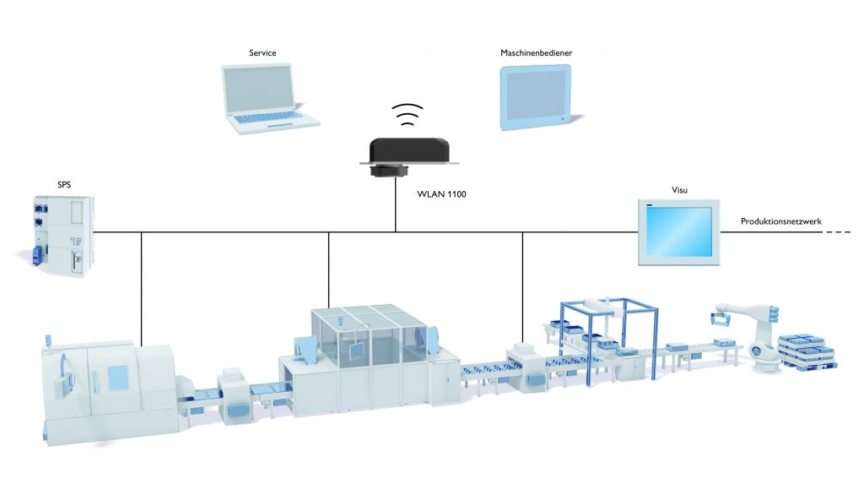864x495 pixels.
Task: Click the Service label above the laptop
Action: (262, 53)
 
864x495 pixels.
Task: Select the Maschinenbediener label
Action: (537, 53)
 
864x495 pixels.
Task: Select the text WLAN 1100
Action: (442, 194)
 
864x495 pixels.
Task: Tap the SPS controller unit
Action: (62, 234)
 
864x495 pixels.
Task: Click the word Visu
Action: (679, 191)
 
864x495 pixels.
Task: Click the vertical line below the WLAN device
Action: (396, 207)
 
